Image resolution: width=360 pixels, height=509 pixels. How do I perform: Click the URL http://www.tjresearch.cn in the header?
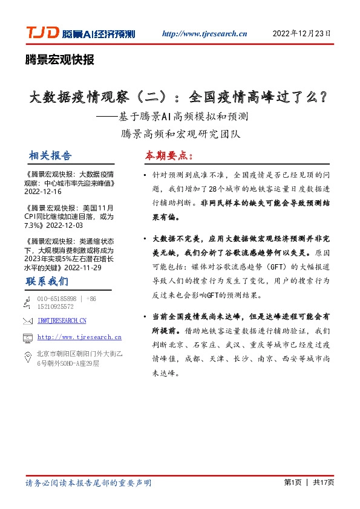[205, 33]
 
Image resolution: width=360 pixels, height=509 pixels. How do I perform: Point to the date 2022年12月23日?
[302, 33]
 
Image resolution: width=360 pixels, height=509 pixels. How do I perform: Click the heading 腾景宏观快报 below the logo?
[59, 60]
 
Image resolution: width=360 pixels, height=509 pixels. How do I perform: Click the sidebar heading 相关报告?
[50, 155]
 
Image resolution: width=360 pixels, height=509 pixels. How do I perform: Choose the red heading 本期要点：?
[169, 155]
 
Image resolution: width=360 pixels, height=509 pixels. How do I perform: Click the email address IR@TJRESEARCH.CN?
[62, 320]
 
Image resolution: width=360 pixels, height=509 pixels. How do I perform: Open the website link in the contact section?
[79, 337]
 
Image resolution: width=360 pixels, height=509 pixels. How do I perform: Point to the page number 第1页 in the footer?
[292, 482]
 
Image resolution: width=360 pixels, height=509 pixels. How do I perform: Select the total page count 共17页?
[324, 482]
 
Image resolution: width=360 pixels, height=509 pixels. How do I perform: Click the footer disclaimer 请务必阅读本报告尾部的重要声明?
[88, 483]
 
